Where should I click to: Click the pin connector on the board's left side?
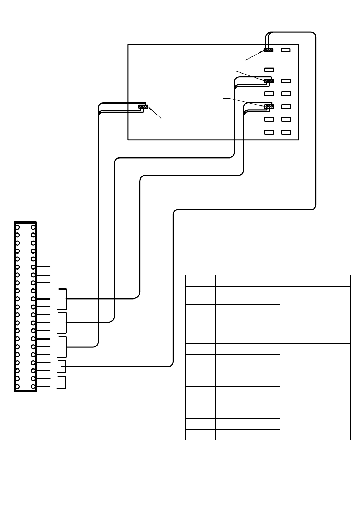point(142,106)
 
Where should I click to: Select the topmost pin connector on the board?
point(268,50)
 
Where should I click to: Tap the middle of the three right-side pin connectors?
point(269,81)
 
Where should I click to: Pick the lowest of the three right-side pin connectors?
point(269,106)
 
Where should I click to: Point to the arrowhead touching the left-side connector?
point(150,109)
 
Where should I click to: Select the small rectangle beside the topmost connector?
point(286,50)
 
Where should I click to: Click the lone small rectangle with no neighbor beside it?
point(269,70)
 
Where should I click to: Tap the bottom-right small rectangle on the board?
point(286,132)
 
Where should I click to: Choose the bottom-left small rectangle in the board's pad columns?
point(269,132)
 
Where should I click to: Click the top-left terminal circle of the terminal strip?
point(17,227)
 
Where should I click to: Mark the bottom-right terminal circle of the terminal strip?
point(33,387)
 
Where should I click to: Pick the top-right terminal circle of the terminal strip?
point(33,227)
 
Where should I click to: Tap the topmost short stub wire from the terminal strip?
point(43,267)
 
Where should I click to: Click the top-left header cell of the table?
point(200,281)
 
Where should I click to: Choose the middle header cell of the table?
point(247,281)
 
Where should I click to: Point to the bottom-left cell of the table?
point(200,435)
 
